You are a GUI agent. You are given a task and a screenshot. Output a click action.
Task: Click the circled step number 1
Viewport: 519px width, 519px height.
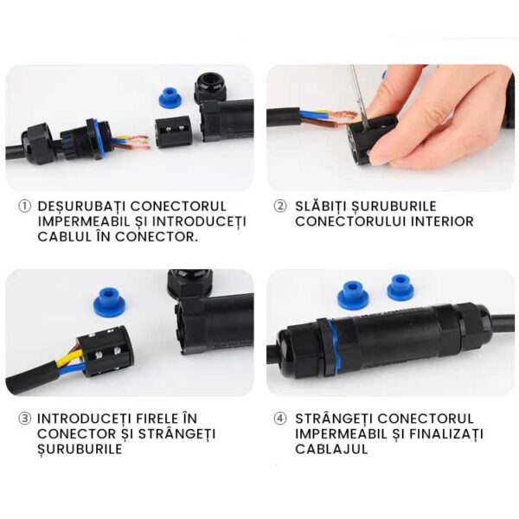tap(24, 206)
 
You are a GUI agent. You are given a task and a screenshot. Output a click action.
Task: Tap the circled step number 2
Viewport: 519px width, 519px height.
tap(280, 206)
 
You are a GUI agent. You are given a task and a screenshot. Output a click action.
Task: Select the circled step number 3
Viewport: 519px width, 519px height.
tap(24, 419)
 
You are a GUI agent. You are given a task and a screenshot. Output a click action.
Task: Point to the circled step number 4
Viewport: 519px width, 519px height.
tap(280, 419)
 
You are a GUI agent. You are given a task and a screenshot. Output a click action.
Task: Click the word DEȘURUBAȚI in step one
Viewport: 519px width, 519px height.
tap(81, 207)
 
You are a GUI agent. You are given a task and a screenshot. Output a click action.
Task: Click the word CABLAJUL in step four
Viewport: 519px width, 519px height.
tap(331, 449)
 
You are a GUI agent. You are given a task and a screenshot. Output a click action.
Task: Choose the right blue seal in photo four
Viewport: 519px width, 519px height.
tap(400, 286)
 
